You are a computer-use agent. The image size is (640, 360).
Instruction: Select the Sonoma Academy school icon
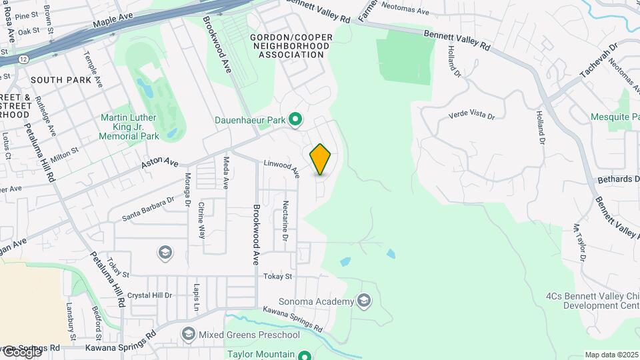pyautogui.click(x=364, y=301)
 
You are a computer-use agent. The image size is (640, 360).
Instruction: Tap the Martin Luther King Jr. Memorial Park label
pyautogui.click(x=129, y=127)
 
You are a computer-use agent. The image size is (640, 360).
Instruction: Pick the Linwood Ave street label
pyautogui.click(x=281, y=167)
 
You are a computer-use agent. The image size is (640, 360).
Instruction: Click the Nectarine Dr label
pyautogui.click(x=285, y=220)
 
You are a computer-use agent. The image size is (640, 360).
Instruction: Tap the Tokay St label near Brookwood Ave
pyautogui.click(x=278, y=276)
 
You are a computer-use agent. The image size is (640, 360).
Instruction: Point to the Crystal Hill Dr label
pyautogui.click(x=150, y=295)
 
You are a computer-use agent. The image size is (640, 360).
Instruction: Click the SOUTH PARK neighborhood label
pyautogui.click(x=61, y=80)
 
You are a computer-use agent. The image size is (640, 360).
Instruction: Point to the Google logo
pyautogui.click(x=21, y=351)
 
